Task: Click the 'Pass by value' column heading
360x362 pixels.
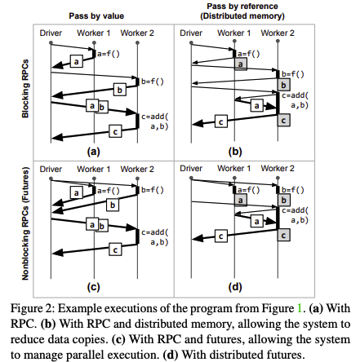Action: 96,16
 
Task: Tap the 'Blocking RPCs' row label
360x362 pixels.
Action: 25,89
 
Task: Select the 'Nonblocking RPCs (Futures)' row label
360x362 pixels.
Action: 25,223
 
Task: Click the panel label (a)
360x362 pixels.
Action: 93,151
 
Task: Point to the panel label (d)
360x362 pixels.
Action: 235,287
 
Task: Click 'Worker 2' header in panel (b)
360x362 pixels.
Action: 278,33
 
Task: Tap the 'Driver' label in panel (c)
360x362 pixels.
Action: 51,169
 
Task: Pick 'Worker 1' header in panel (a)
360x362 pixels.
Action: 94,33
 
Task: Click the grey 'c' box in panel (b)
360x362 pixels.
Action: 283,121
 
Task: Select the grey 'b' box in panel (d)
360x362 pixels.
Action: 283,201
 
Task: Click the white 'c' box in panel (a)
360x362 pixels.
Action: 115,131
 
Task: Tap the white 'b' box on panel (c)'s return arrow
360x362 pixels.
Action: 113,205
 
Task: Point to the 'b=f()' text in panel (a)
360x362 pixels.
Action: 153,82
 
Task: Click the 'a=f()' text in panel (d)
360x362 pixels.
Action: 249,189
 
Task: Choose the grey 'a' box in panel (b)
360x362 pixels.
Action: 241,64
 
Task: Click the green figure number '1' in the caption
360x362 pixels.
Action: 300,308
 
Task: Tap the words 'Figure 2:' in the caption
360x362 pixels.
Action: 33,309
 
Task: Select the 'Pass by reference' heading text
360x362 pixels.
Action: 242,6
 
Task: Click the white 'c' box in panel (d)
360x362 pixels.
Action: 220,236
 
